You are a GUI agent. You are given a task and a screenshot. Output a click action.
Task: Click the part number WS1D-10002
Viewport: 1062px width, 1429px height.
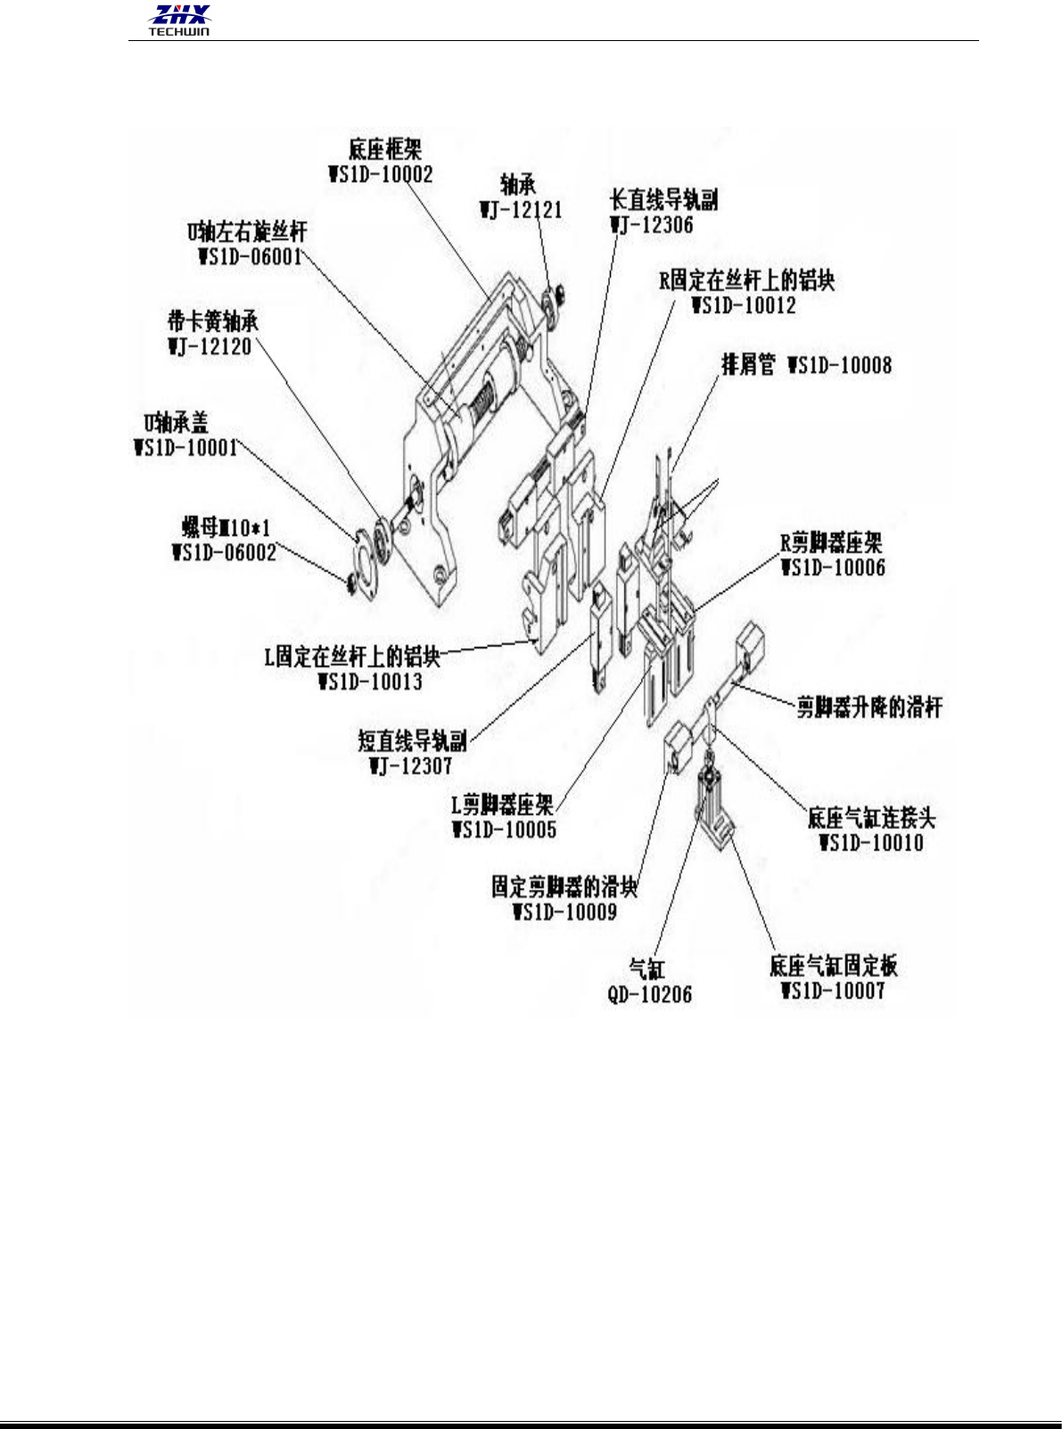click(381, 174)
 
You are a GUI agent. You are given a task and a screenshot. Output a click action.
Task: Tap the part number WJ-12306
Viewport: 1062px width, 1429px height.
click(652, 225)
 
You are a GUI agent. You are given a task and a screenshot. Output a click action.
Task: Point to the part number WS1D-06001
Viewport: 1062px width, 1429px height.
click(250, 258)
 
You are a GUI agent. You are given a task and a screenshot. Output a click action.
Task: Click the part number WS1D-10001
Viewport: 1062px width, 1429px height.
click(186, 447)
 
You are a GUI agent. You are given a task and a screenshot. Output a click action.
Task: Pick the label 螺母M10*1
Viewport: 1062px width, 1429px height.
click(221, 529)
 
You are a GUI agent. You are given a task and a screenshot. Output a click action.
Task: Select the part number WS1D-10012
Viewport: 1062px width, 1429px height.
click(744, 306)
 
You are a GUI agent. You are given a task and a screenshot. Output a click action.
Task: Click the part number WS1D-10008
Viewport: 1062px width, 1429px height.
click(839, 365)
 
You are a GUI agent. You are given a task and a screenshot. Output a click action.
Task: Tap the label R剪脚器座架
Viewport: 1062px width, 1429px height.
click(831, 542)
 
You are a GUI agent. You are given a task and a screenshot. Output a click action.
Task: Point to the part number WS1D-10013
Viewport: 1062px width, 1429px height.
click(370, 683)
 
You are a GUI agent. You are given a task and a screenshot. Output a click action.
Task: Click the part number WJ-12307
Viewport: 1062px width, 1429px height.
click(411, 766)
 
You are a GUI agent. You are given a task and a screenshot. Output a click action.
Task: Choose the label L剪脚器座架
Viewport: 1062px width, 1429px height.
click(502, 805)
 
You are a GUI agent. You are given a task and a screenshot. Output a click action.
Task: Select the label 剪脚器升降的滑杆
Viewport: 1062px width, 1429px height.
click(869, 708)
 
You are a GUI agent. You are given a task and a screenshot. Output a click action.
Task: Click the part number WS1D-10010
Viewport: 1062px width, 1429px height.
click(871, 843)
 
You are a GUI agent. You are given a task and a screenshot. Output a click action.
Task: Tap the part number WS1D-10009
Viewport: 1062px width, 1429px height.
click(565, 912)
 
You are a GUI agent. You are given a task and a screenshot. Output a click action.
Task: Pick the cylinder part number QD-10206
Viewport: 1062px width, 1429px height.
click(649, 994)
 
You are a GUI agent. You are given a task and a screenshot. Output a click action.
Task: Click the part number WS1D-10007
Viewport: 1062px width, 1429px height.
click(833, 990)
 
